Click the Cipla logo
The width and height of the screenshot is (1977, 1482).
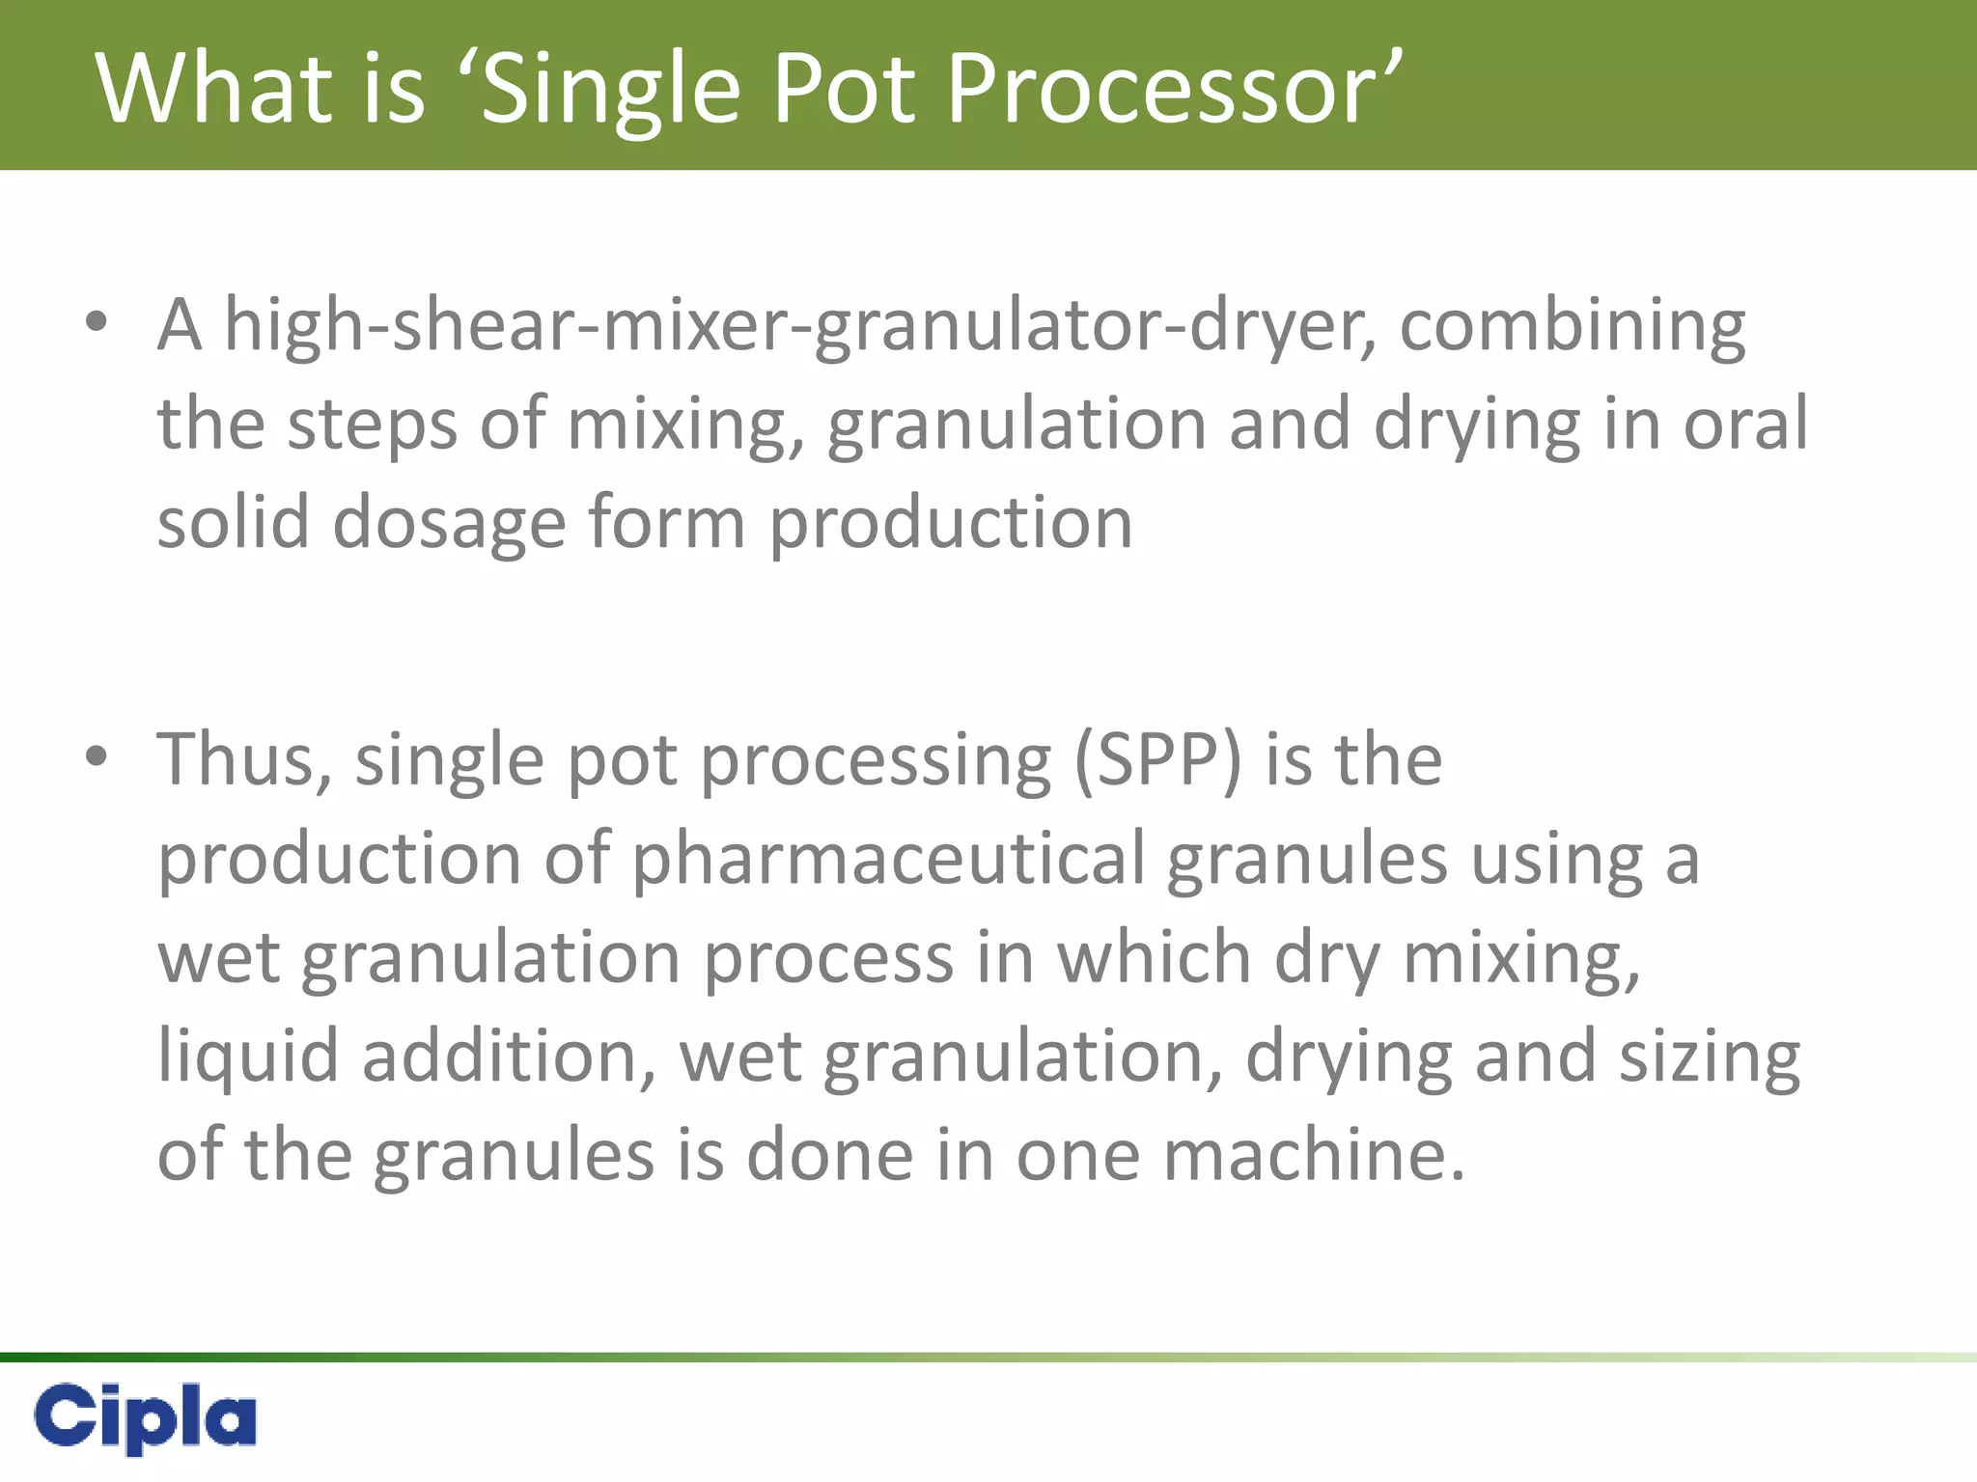[145, 1416]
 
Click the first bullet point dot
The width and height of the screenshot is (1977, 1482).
[96, 322]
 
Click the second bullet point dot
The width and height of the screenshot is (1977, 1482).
[96, 757]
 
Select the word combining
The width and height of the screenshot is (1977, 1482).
[1573, 326]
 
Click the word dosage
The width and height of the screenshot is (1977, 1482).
[449, 523]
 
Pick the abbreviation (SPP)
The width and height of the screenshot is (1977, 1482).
[1157, 760]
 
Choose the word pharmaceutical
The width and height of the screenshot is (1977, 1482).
[888, 859]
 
